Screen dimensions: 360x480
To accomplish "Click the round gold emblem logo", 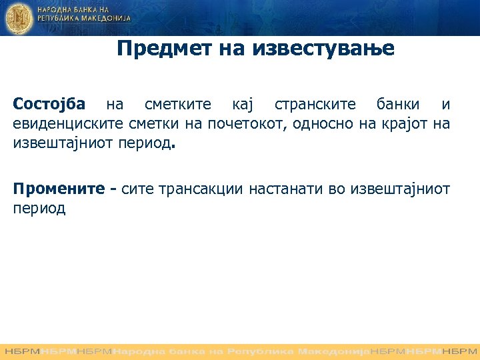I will (x=18, y=18).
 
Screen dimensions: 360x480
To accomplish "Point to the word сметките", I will (x=178, y=105).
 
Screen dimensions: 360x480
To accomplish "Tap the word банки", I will (x=398, y=105).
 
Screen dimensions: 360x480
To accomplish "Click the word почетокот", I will (x=244, y=124).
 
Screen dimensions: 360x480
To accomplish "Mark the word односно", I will (x=316, y=124).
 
